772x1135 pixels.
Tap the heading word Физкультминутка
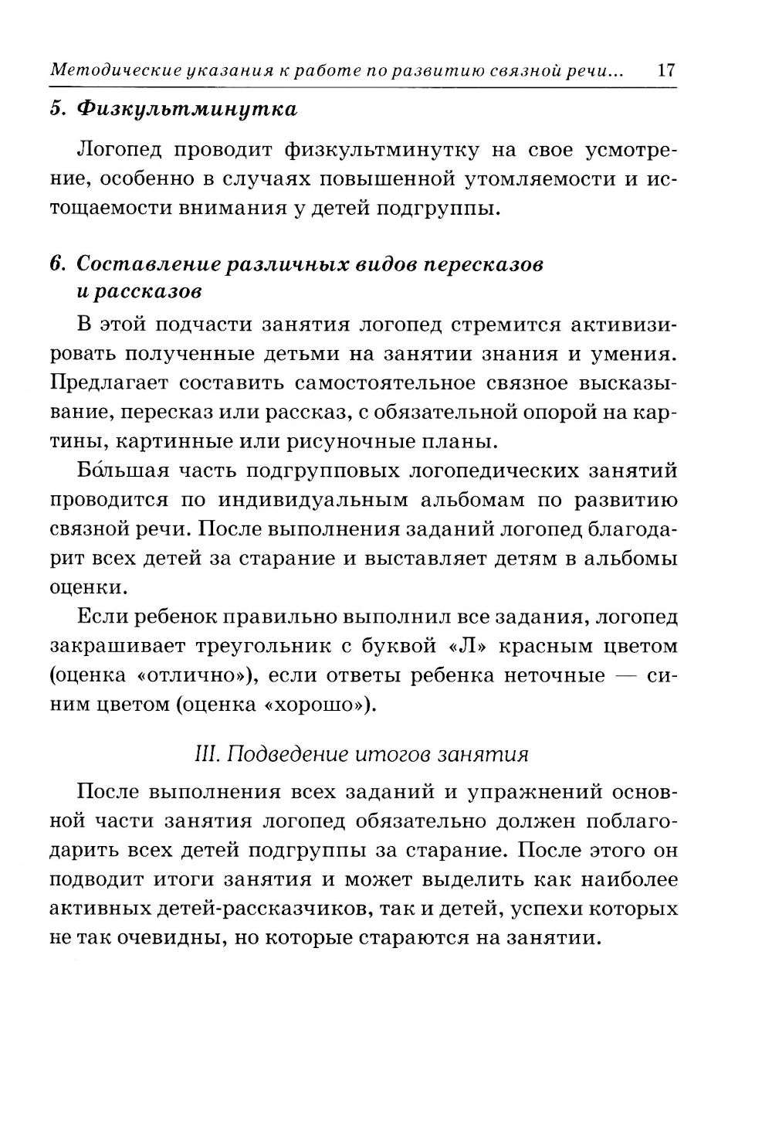point(186,109)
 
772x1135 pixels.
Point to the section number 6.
point(56,264)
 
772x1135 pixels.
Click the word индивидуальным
point(313,500)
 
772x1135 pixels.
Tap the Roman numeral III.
point(205,754)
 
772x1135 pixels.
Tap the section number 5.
point(56,109)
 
